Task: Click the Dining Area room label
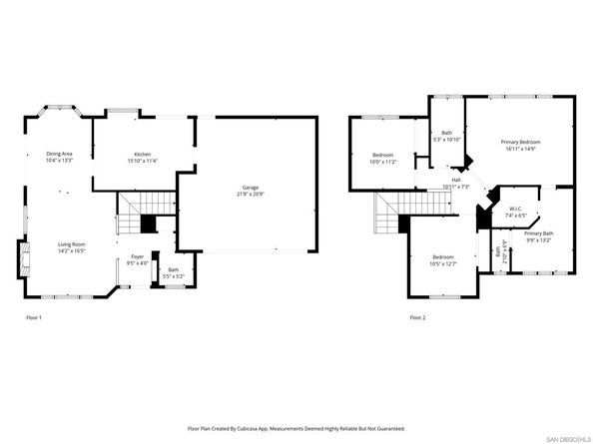point(60,154)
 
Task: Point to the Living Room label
point(70,244)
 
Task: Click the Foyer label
point(137,256)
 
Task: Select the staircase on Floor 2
point(387,211)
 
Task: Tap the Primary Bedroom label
point(521,144)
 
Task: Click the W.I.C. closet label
point(515,212)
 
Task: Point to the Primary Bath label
point(538,233)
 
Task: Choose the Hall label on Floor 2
point(455,181)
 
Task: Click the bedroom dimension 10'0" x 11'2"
point(383,162)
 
